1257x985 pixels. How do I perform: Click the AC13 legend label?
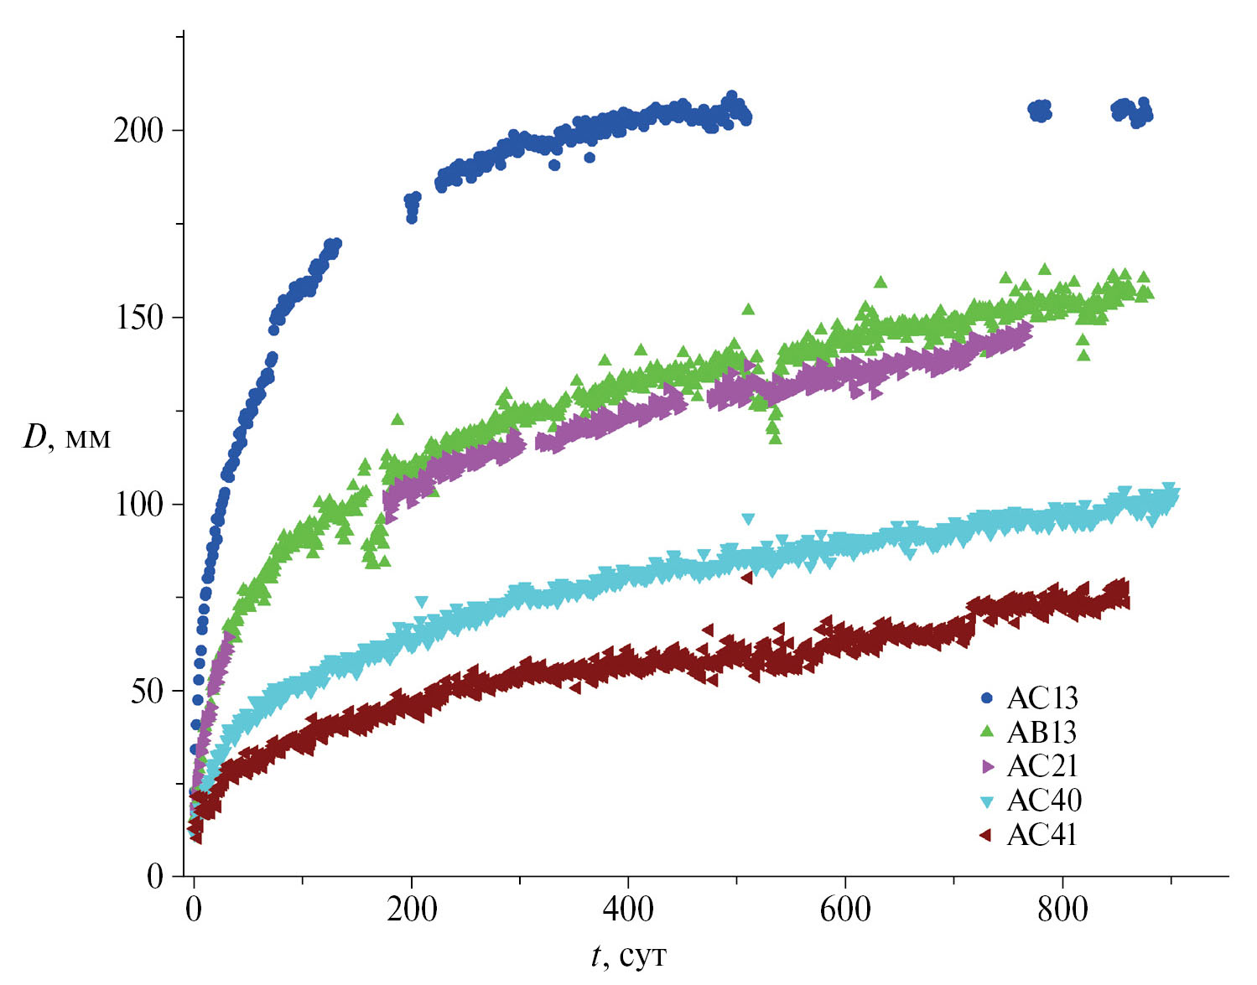(x=1041, y=698)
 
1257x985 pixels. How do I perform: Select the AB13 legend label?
(x=1041, y=733)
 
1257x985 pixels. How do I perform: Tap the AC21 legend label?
(x=1041, y=766)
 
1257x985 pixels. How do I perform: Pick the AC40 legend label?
(x=1043, y=801)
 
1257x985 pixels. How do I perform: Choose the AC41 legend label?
(x=1041, y=835)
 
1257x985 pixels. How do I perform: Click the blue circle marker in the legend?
(x=986, y=698)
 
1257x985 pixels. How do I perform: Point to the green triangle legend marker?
(x=986, y=732)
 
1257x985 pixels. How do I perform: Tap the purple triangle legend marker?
(x=987, y=766)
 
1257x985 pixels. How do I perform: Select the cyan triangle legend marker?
(x=986, y=801)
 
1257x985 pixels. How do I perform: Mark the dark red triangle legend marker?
(x=986, y=835)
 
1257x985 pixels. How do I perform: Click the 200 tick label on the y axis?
(x=138, y=131)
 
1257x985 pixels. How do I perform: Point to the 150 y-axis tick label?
(x=138, y=318)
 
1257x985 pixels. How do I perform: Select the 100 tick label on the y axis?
(x=138, y=505)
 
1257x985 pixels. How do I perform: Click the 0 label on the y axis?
(x=155, y=877)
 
